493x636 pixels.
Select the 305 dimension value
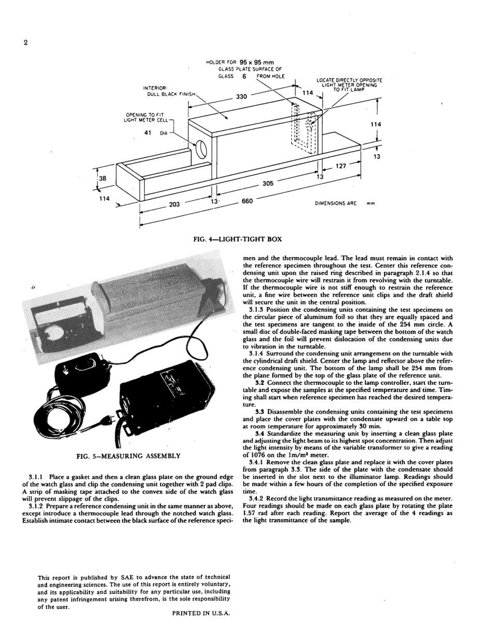click(268, 183)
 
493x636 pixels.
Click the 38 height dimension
click(102, 178)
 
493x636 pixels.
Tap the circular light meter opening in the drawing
click(201, 151)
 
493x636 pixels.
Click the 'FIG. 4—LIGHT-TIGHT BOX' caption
click(237, 239)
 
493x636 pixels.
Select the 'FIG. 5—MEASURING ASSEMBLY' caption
click(128, 456)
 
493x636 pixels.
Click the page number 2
click(25, 43)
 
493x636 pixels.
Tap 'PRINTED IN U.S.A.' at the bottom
click(200, 613)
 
